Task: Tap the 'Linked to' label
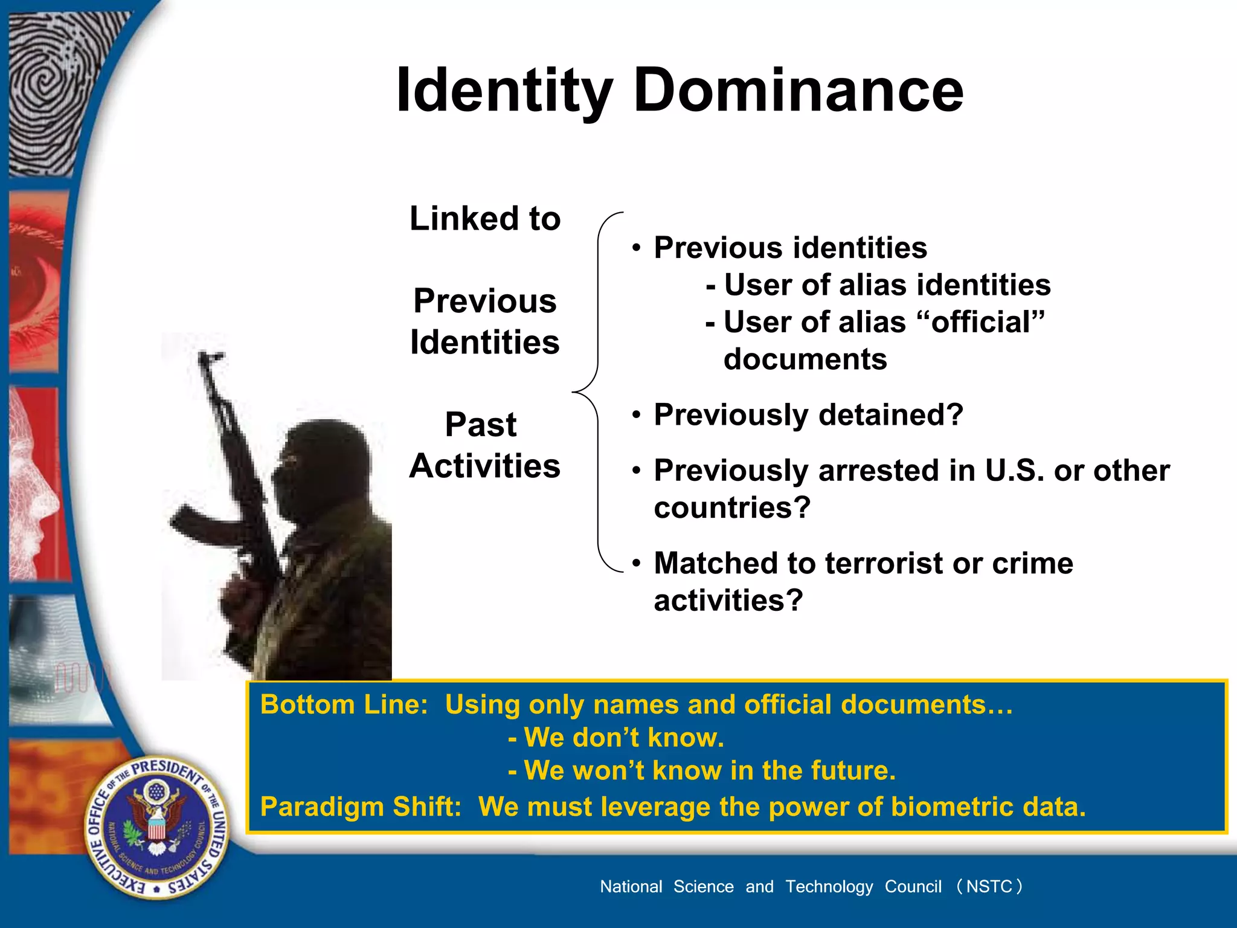485,219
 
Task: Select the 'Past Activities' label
484,445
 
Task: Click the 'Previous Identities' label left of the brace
484,321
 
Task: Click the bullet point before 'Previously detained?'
636,415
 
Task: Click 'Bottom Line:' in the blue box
344,705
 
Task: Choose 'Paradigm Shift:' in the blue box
361,807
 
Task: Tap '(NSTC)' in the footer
989,886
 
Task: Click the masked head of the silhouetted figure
323,465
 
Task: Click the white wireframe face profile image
33,483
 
